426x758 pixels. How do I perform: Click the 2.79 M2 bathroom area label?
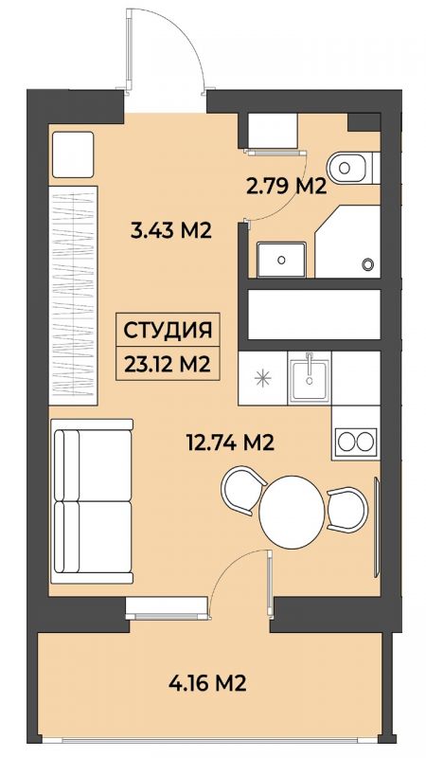click(287, 186)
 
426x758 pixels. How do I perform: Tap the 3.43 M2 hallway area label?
click(171, 230)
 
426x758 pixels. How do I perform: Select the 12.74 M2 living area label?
click(230, 442)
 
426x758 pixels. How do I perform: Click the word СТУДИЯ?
click(168, 331)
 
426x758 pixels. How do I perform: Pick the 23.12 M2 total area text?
click(168, 364)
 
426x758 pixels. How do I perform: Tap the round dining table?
click(292, 512)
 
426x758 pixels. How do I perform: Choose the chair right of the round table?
click(347, 510)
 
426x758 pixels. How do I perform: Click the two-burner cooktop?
click(356, 442)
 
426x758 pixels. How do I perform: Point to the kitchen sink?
click(310, 377)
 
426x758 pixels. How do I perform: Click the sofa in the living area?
click(93, 501)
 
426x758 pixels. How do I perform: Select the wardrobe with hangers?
click(74, 296)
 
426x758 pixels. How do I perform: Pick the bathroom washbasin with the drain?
click(281, 260)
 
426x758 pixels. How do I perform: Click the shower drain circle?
click(368, 264)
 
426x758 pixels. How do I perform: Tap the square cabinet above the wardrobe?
click(73, 154)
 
